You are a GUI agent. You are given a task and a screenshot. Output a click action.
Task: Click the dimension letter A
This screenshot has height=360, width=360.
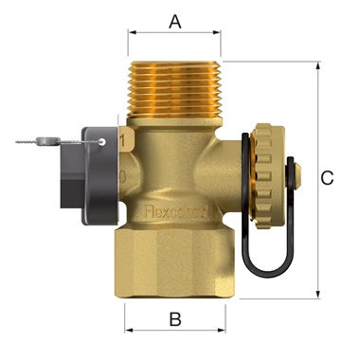174,19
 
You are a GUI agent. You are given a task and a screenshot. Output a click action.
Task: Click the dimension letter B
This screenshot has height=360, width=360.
173,319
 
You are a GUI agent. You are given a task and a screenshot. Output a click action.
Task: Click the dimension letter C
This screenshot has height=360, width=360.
327,178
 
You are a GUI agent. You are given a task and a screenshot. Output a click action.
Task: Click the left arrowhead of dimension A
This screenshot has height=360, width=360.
131,31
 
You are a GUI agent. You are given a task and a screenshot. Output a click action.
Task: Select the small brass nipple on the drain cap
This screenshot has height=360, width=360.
295,173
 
